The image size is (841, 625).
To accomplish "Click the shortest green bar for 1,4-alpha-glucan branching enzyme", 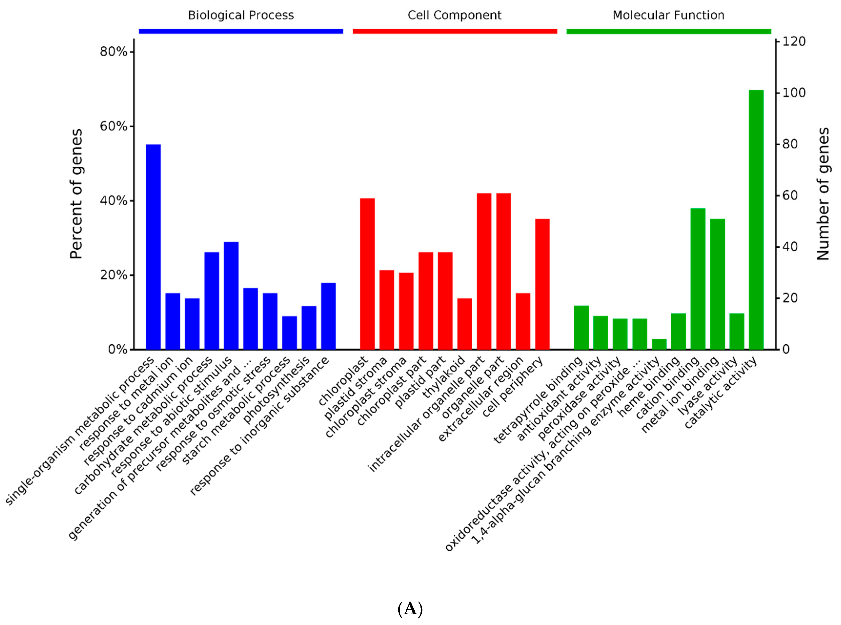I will pos(659,344).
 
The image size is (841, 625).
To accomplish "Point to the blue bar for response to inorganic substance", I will pos(328,316).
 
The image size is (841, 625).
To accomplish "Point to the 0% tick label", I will pos(117,349).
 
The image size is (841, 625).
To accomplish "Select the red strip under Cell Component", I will pos(454,31).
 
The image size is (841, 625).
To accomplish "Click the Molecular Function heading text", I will pos(668,15).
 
